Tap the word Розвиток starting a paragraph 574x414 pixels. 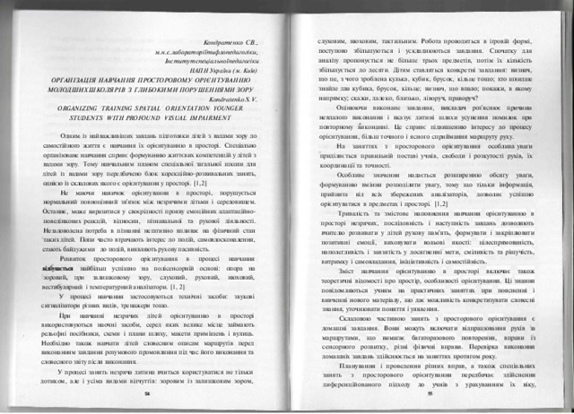(x=75, y=258)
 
